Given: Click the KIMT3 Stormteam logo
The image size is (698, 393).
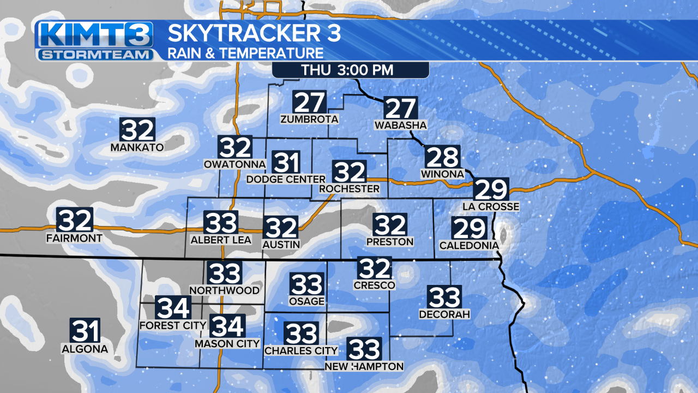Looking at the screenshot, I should [94, 41].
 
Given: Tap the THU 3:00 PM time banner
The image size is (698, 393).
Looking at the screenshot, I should [350, 70].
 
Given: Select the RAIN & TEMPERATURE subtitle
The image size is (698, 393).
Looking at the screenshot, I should [245, 53].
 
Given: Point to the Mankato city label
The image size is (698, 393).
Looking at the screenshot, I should [137, 147].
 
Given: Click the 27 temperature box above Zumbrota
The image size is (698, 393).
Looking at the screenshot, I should [310, 102].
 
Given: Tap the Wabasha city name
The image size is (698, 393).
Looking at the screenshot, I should [401, 126].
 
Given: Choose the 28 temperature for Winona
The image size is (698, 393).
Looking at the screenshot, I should [442, 157].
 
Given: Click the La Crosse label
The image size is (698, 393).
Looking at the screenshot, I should [491, 206].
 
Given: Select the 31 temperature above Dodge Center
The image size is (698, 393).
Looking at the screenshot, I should [287, 163].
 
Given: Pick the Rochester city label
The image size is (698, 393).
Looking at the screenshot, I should [350, 189].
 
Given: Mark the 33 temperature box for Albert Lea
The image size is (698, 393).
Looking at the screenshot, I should [221, 223].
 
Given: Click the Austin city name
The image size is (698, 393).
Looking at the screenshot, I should [281, 245].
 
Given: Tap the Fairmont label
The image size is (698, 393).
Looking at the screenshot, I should [74, 239].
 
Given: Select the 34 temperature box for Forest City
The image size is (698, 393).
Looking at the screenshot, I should [173, 308].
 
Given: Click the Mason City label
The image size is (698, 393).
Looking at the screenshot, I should [227, 344].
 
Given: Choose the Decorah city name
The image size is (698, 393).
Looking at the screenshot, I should [444, 314].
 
